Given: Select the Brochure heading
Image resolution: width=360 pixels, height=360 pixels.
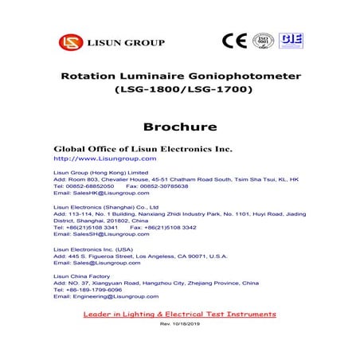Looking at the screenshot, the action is tap(180, 126).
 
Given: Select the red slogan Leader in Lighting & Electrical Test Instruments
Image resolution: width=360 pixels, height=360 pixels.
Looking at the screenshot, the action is tap(179, 315).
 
